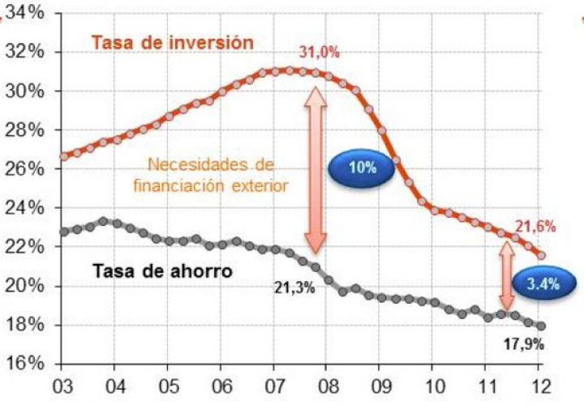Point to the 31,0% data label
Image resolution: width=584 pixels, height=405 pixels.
tap(319, 53)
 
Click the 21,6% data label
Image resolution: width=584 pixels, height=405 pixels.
tap(535, 228)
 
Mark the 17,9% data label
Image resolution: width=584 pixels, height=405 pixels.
tap(523, 344)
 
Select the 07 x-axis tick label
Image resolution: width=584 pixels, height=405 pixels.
tap(273, 385)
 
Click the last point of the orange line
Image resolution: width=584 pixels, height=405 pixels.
tap(542, 255)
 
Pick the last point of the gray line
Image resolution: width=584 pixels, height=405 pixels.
tap(542, 326)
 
